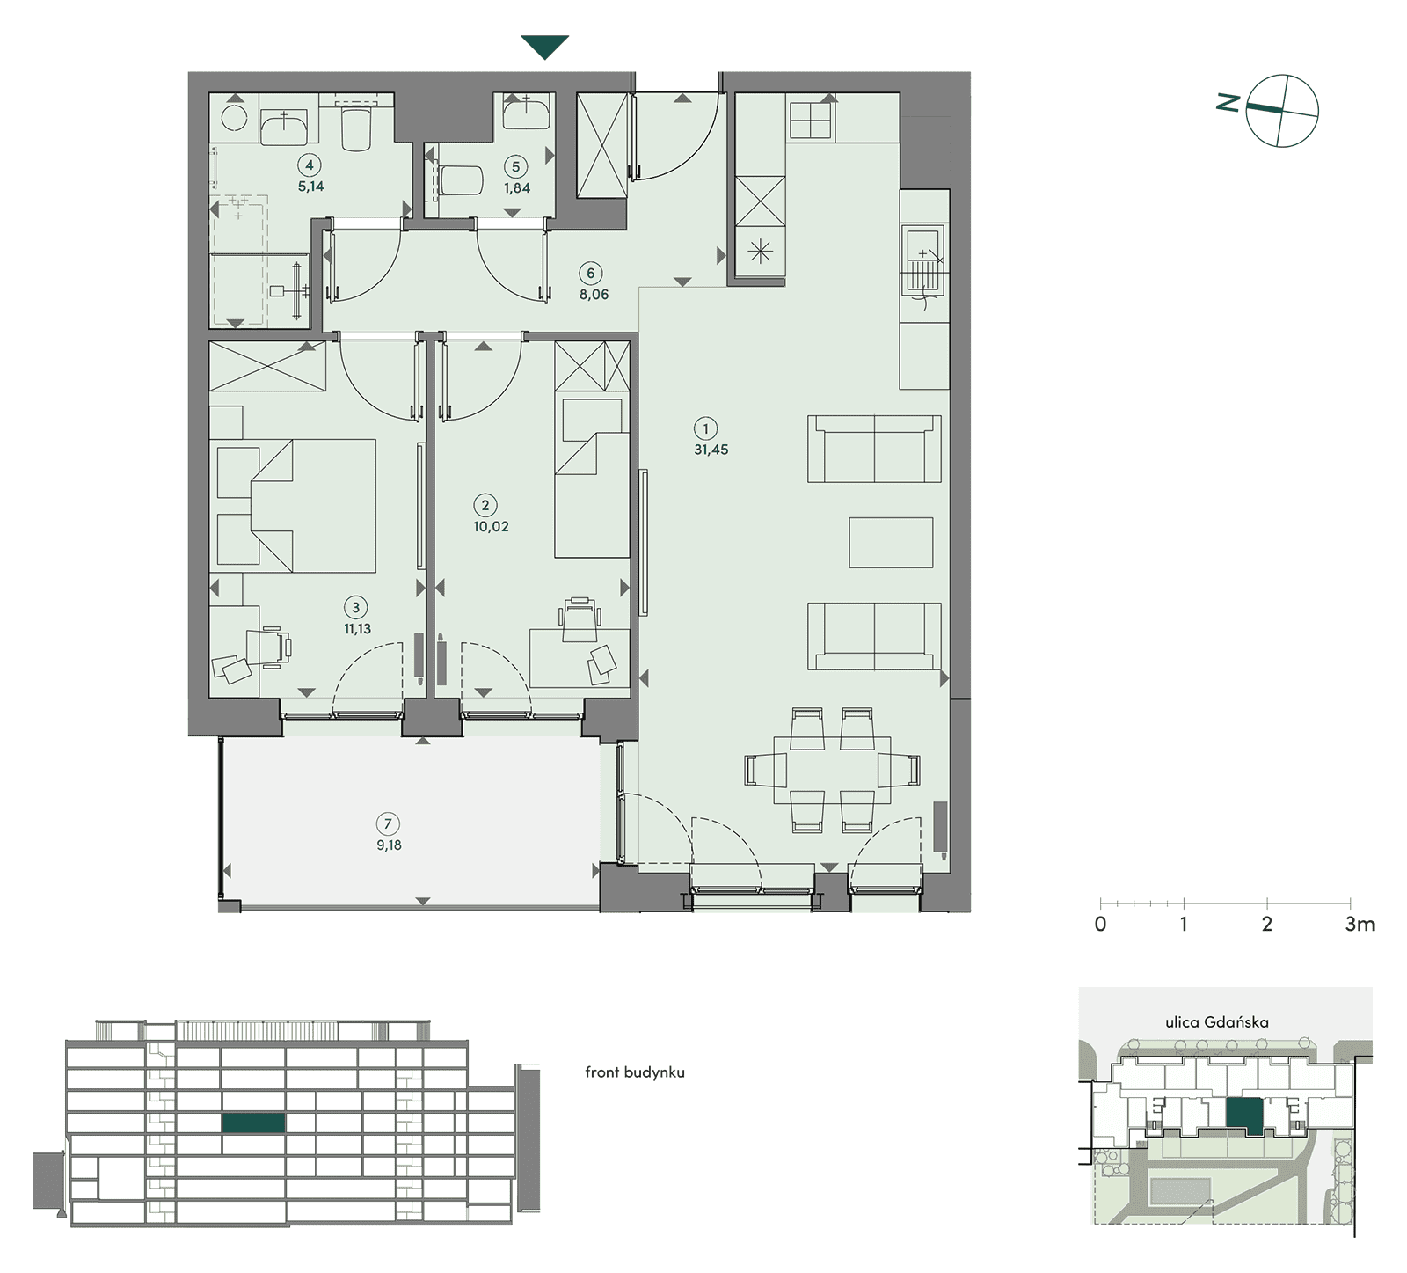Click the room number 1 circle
point(705,429)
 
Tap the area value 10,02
point(491,527)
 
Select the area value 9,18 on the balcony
point(389,845)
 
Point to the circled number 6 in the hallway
point(590,274)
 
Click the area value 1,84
point(517,188)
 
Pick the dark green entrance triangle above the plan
point(545,47)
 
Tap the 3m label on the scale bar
point(1360,925)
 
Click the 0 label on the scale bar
point(1100,925)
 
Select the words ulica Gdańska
point(1217,1022)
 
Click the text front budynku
point(635,1072)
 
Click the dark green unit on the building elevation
point(253,1123)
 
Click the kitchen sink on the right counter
point(922,260)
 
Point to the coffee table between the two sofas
point(891,543)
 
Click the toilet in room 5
point(458,181)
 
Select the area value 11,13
point(358,629)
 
